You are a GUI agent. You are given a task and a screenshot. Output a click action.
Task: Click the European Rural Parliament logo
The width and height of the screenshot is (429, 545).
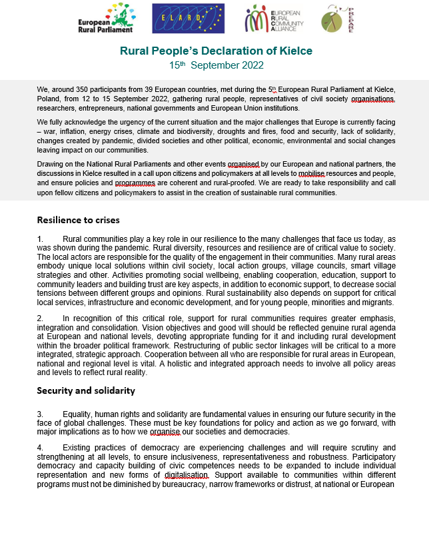pyautogui.click(x=108, y=19)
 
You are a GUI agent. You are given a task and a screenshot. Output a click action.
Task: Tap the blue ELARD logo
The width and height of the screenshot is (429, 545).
pyautogui.click(x=189, y=19)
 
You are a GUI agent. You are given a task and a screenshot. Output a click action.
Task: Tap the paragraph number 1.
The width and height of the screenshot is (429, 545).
pyautogui.click(x=39, y=239)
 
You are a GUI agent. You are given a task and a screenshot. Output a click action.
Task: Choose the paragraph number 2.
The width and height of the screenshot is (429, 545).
pyautogui.click(x=39, y=318)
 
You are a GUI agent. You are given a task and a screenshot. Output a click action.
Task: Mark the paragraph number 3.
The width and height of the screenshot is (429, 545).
pyautogui.click(x=39, y=414)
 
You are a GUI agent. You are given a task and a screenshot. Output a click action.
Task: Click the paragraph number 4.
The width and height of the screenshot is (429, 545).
pyautogui.click(x=39, y=447)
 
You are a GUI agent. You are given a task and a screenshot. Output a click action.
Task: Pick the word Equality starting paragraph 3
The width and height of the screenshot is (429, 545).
pyautogui.click(x=78, y=414)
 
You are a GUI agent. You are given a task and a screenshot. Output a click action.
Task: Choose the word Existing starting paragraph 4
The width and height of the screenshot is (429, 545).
pyautogui.click(x=78, y=447)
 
